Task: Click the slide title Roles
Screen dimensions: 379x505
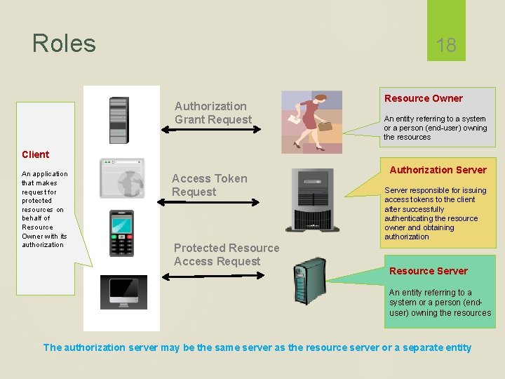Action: pos(64,44)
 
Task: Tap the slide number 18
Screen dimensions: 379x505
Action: pos(446,46)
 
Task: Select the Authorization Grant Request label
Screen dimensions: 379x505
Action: pos(213,113)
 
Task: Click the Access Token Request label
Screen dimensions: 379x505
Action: pos(209,185)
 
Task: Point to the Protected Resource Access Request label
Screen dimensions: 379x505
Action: pos(226,255)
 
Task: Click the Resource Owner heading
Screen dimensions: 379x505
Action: pos(423,98)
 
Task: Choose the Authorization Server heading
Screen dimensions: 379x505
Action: pos(438,170)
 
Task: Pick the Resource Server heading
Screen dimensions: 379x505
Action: pos(428,271)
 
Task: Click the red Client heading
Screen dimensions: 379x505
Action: pos(35,154)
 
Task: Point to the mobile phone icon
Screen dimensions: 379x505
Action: pos(121,234)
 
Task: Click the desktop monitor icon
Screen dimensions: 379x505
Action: pos(123,292)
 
